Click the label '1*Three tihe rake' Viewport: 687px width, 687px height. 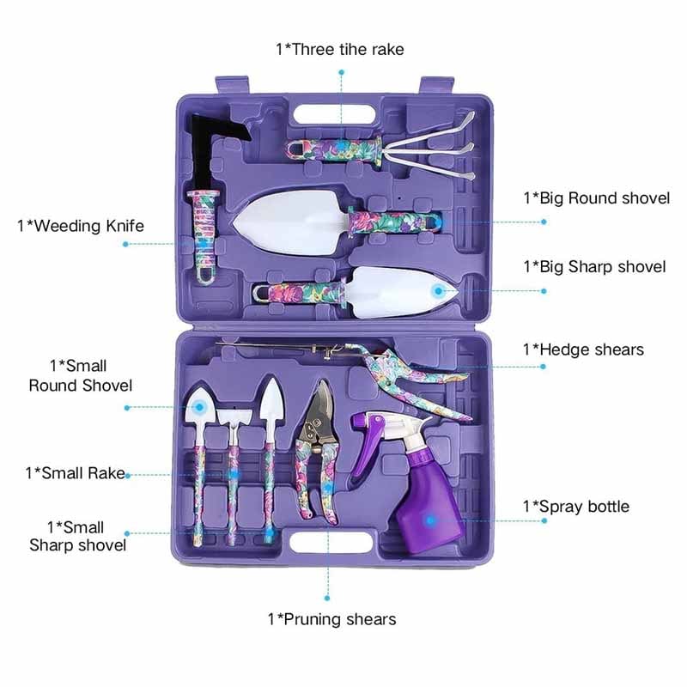[340, 49]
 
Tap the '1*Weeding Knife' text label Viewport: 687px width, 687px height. [81, 226]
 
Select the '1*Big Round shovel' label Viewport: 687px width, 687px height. [597, 198]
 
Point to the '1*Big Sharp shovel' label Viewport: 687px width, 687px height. [594, 266]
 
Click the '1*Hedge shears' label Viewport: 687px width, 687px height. [583, 350]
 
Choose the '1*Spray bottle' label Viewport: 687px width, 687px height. [576, 507]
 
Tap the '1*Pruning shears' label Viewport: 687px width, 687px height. [331, 619]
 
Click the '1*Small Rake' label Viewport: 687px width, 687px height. [75, 473]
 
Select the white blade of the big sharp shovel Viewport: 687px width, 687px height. [401, 292]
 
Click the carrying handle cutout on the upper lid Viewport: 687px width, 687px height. [335, 115]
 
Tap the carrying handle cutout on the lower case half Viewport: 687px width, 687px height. [331, 542]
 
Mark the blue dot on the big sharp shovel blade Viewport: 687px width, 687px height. [438, 291]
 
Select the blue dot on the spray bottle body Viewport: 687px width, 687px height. [430, 520]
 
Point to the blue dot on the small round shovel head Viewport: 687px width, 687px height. [200, 407]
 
